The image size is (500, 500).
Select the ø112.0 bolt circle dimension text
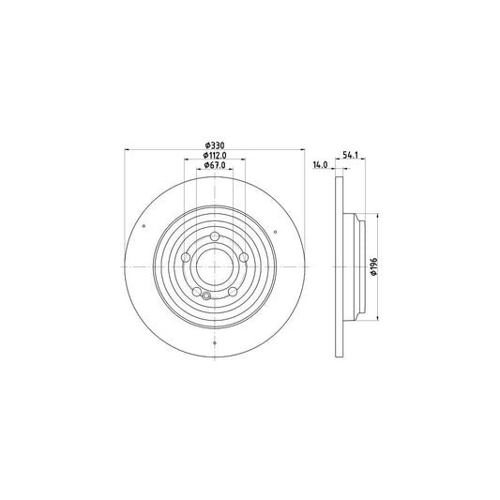tap(215, 157)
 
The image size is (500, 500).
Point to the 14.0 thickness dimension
tap(319, 165)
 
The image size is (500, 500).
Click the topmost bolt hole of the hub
tap(215, 235)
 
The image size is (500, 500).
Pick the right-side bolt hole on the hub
tap(244, 257)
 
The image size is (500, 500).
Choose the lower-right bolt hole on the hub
tap(233, 291)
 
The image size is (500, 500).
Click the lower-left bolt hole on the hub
tap(197, 291)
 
